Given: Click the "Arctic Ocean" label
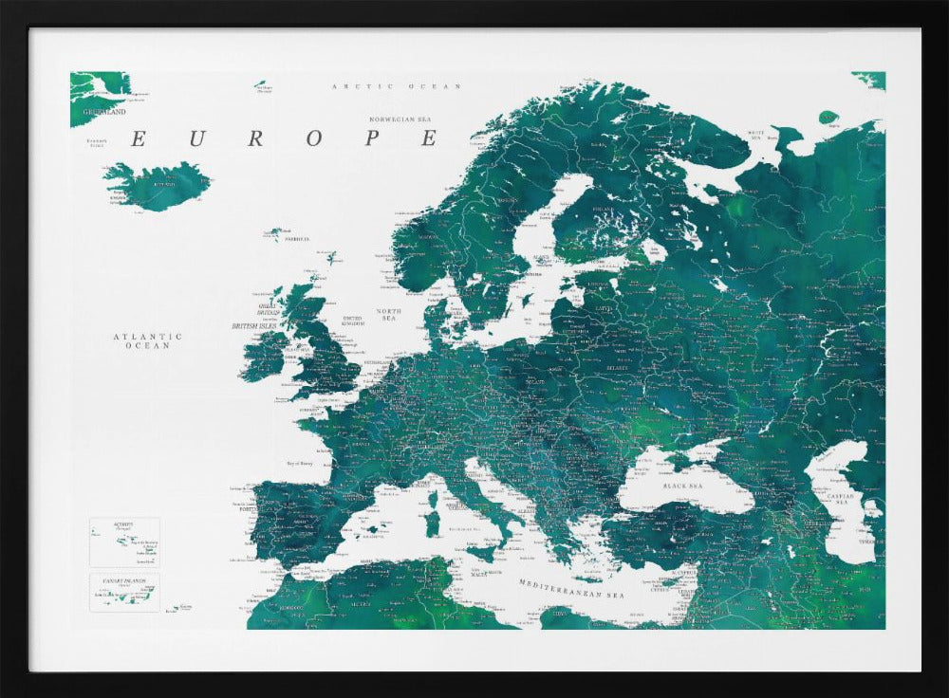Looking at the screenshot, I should pos(396,86).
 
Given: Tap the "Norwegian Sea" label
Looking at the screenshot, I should pos(400,119).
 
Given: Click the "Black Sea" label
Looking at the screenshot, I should pos(688,485).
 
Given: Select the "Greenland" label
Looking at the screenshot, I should pos(103,111).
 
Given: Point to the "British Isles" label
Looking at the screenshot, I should pos(258,325).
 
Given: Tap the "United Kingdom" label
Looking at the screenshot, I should pos(352,321).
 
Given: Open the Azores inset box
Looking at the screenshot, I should pos(124,542).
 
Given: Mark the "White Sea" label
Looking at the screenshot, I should pos(755,135).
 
